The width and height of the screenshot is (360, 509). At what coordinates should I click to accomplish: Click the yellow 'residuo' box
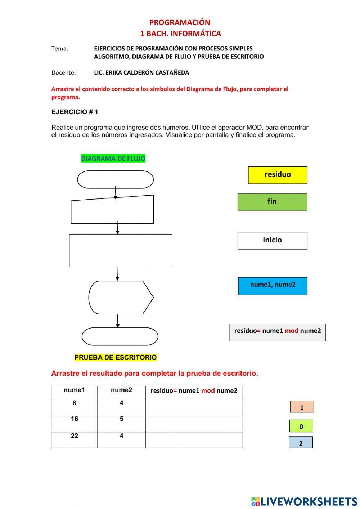tap(278, 175)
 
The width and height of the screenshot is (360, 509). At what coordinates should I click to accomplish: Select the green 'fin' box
tap(272, 202)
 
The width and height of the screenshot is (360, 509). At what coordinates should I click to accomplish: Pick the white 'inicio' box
tap(272, 241)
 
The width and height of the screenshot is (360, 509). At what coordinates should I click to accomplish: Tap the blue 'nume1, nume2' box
tap(273, 286)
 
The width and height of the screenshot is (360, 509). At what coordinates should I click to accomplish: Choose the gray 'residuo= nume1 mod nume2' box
tap(277, 332)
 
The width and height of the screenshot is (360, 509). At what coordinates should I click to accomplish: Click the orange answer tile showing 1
tap(302, 407)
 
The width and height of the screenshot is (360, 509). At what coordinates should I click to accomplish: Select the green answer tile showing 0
tap(301, 426)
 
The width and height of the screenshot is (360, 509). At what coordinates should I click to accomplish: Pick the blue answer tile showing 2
tap(301, 442)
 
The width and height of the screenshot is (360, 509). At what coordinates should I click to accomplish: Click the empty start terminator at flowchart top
tap(115, 179)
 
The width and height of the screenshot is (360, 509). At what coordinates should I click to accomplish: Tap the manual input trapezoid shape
tap(112, 210)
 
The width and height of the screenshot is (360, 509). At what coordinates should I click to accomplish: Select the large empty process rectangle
tap(120, 251)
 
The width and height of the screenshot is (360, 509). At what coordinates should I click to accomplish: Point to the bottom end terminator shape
tap(120, 336)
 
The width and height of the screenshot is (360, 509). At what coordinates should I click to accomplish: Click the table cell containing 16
tap(74, 423)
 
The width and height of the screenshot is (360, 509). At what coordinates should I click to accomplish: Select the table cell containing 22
tap(74, 440)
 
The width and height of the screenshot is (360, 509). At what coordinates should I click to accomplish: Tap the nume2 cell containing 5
tap(121, 423)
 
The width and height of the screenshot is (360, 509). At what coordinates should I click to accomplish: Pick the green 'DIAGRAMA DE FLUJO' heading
tap(113, 158)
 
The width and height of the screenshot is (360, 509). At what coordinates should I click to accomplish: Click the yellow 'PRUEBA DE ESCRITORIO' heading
tap(116, 357)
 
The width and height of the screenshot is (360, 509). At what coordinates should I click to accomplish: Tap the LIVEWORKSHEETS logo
tap(304, 501)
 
